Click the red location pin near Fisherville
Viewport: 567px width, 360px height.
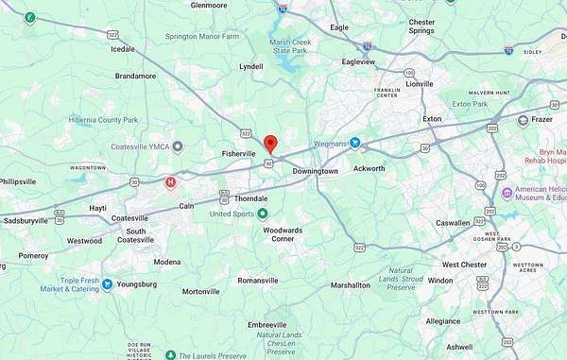click(269, 144)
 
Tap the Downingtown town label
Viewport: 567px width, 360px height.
click(315, 171)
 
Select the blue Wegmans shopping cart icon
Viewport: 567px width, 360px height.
click(355, 144)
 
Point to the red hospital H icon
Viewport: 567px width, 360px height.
click(170, 181)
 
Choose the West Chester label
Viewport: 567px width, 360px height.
click(464, 265)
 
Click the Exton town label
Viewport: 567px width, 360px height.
click(432, 119)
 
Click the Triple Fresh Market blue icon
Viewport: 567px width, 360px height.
click(108, 283)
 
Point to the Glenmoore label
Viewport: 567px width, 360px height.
click(209, 5)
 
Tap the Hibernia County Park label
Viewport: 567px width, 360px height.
click(103, 120)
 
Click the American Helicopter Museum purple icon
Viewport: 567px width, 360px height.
click(507, 193)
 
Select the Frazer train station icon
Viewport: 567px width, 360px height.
click(523, 120)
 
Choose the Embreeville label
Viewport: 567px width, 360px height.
click(266, 324)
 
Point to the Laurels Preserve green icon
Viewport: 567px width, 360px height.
click(169, 355)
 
